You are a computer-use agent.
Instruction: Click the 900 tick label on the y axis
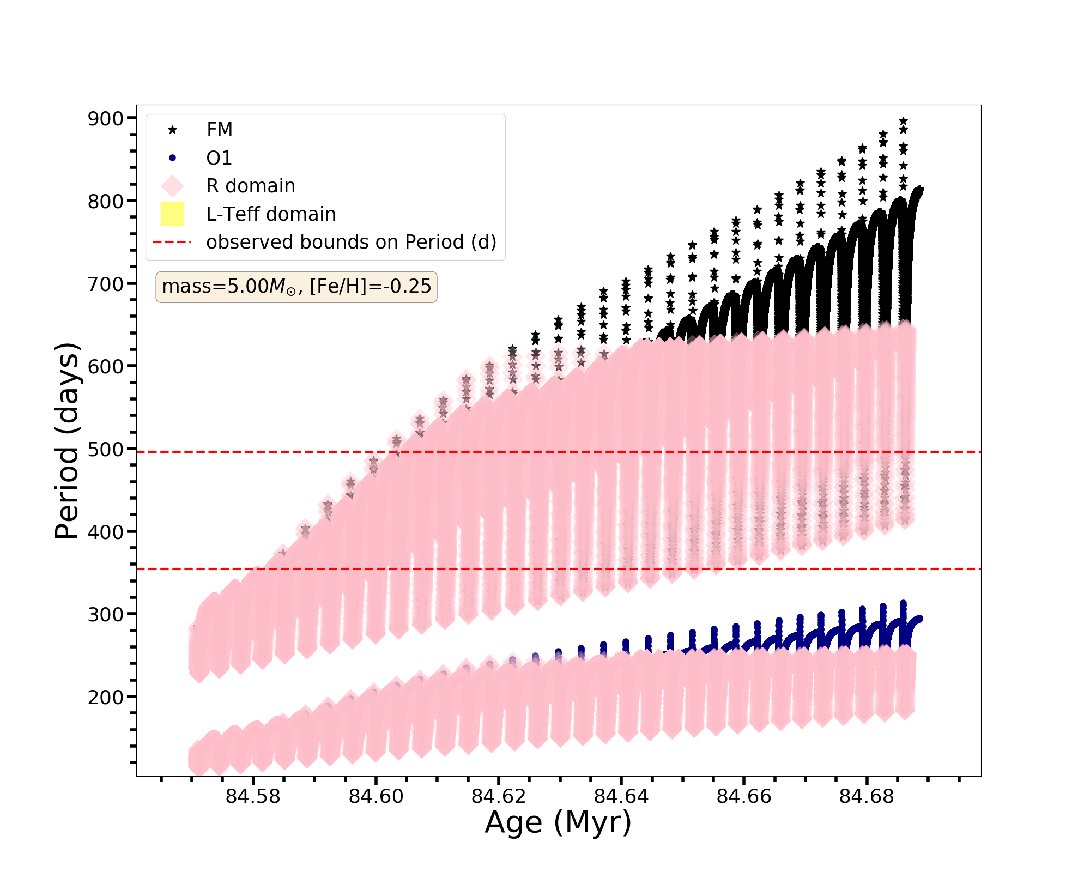[105, 118]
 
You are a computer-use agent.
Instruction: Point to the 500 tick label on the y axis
[105, 449]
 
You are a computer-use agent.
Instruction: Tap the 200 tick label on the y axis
[105, 697]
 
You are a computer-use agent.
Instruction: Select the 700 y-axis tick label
[105, 284]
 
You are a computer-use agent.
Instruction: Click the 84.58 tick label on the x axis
[253, 797]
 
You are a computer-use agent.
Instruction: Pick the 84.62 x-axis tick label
[498, 797]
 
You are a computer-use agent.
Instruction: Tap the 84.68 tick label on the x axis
[867, 797]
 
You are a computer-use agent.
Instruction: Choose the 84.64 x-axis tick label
[621, 797]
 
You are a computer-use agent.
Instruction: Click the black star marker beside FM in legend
[173, 130]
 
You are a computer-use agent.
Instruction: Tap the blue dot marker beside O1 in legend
[173, 158]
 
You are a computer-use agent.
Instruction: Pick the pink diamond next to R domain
[173, 186]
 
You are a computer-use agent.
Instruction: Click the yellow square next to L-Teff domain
[173, 214]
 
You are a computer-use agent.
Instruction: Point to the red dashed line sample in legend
[173, 242]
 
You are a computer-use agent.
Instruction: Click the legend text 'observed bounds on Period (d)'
[351, 242]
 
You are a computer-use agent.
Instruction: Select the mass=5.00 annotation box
[296, 286]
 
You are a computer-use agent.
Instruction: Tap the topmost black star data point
[903, 121]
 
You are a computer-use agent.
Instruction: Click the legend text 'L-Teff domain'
[271, 214]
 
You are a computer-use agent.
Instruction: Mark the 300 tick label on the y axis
[105, 615]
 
